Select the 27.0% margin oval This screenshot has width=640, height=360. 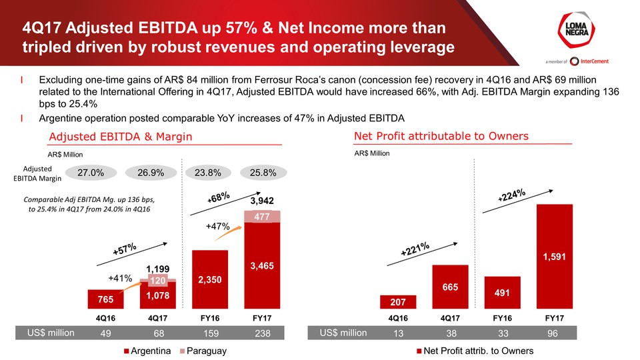[91, 172]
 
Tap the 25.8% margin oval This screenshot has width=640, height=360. [262, 172]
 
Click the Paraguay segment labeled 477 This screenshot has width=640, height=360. [262, 217]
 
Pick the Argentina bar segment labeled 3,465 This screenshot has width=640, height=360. [262, 265]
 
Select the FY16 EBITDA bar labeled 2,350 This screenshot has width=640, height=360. [210, 280]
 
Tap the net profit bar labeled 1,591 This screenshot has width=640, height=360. [554, 256]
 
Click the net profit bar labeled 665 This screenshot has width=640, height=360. [450, 287]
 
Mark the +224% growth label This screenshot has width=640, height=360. [512, 196]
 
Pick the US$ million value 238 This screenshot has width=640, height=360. [262, 333]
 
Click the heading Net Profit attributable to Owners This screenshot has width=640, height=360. [441, 136]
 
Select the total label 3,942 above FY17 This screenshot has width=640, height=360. [262, 200]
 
